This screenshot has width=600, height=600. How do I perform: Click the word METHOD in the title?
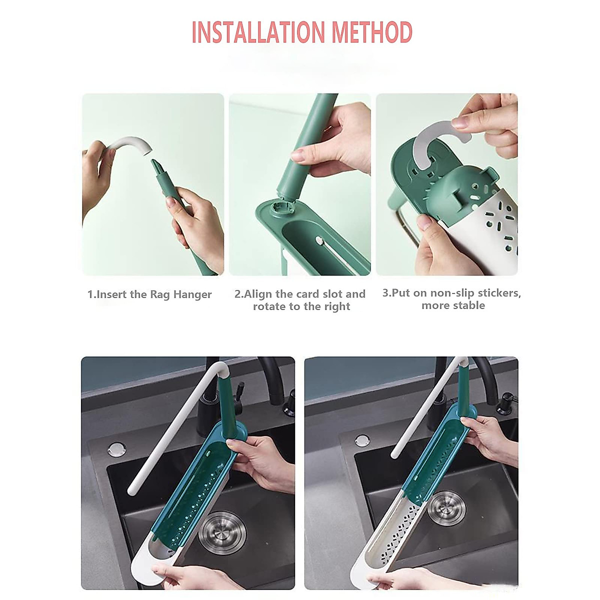click(x=372, y=32)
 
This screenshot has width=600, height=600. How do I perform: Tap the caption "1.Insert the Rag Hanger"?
click(x=149, y=294)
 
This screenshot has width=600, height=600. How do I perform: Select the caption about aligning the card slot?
click(x=300, y=300)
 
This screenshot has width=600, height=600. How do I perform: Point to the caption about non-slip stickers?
click(x=451, y=299)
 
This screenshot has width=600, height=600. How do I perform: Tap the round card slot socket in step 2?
click(x=281, y=206)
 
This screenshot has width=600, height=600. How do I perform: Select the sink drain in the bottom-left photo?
click(x=221, y=532)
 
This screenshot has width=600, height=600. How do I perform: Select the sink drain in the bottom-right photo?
click(x=446, y=507)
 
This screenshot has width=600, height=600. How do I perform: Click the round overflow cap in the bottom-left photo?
click(x=116, y=448)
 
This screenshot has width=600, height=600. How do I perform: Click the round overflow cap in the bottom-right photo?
click(x=362, y=440)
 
